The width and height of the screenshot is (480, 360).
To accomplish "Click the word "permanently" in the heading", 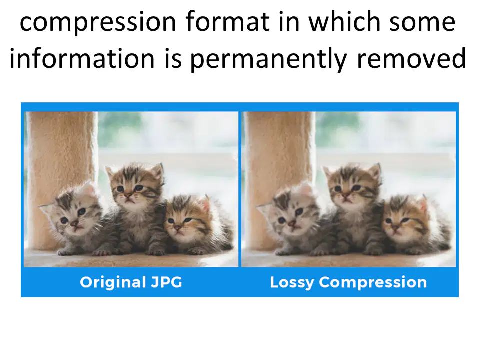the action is [268, 60].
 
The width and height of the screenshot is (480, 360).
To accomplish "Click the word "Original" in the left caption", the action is [113, 282].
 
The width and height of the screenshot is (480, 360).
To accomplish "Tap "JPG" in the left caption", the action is [166, 282].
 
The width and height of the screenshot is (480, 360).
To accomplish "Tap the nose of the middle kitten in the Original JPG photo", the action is [128, 194].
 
